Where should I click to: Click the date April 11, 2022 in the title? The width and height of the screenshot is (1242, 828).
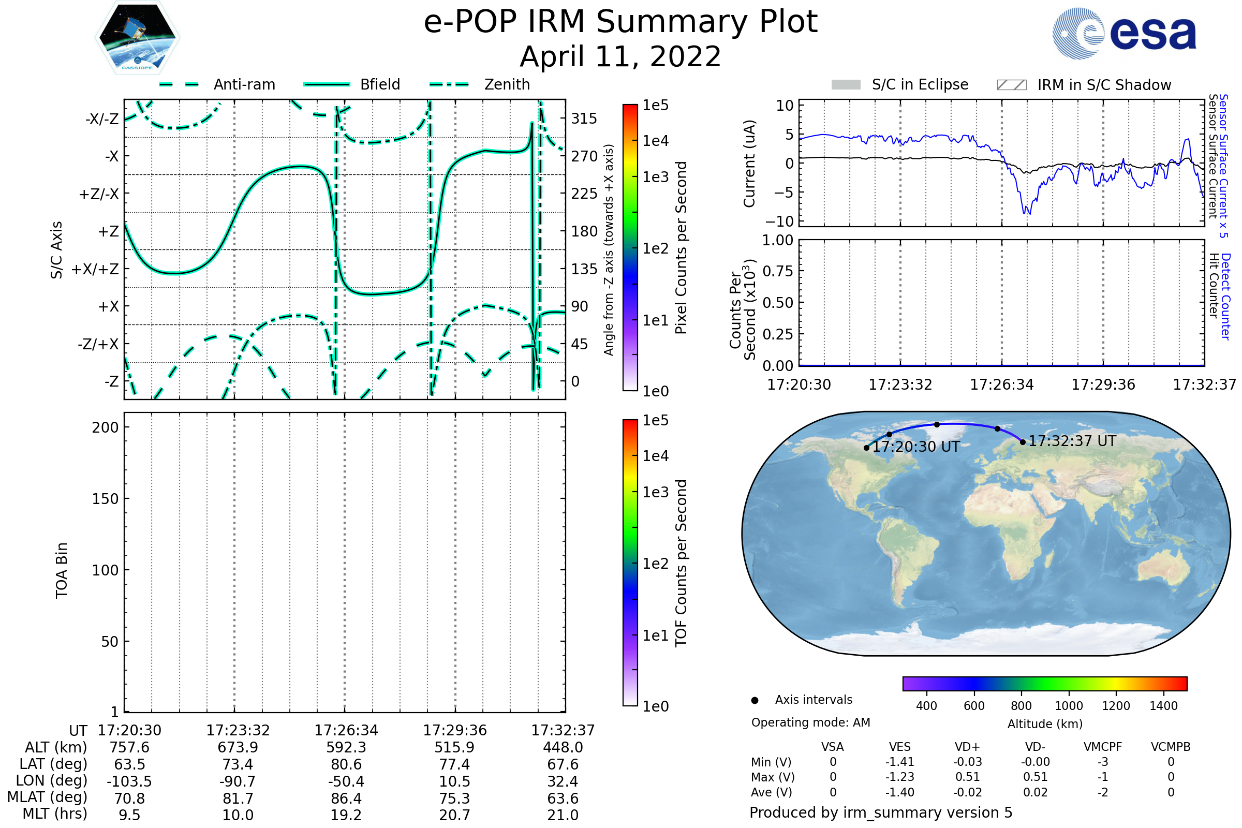point(620,56)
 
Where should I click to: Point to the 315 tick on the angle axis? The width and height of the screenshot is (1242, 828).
point(584,119)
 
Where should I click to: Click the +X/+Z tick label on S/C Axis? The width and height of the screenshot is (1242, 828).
point(95,269)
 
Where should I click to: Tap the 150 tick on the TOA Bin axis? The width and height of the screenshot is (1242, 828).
point(105,499)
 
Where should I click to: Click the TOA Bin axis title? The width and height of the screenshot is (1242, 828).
point(61,570)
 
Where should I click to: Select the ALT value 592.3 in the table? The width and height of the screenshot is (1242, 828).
point(346,747)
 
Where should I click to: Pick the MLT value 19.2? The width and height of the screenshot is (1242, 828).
point(346,815)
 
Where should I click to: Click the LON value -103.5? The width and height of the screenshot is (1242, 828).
point(129,781)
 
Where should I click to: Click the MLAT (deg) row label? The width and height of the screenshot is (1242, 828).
point(47,797)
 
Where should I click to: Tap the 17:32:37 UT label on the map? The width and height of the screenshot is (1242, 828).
point(1072,441)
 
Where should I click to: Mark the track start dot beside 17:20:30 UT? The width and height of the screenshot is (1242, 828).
point(866,448)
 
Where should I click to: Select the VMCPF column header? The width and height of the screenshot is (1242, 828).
point(1103,747)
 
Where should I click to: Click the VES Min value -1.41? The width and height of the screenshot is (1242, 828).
point(900,762)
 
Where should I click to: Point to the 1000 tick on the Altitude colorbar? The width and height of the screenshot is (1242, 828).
point(1069,706)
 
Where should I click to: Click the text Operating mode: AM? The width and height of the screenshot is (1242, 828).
point(810,722)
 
